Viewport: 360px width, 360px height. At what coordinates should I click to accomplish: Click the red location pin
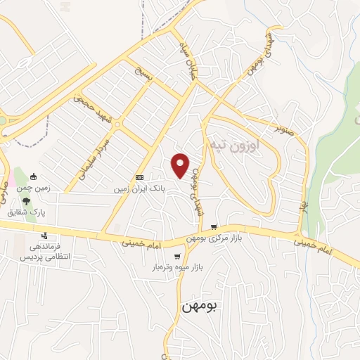click(181, 165)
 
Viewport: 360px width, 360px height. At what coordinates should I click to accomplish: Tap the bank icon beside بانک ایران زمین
click(139, 177)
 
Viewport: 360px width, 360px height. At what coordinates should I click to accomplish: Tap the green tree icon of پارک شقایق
click(27, 200)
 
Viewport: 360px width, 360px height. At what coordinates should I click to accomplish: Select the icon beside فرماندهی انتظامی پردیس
click(45, 236)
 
